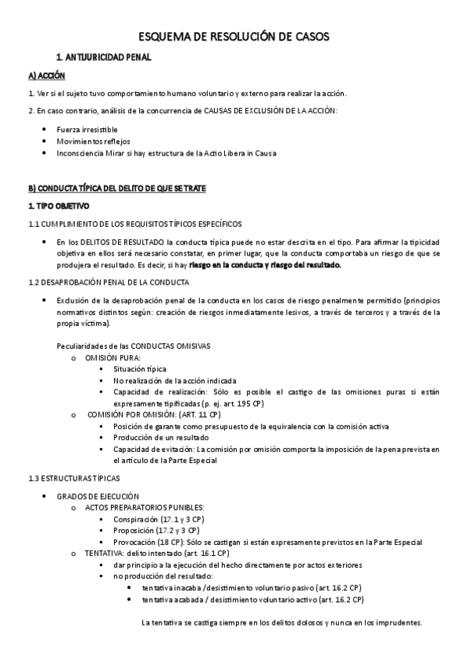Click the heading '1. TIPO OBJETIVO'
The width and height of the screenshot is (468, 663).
(59, 206)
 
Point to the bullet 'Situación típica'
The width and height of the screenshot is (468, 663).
(140, 369)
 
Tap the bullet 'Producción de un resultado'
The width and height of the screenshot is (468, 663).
(160, 438)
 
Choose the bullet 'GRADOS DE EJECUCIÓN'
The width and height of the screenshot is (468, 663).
(98, 496)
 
